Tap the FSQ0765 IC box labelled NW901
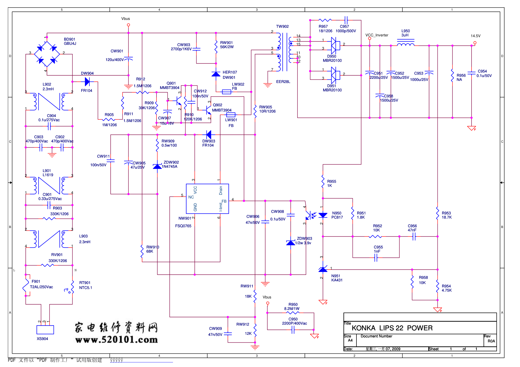pyautogui.click(x=207, y=199)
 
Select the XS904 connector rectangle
pyautogui.click(x=45, y=330)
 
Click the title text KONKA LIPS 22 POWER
pyautogui.click(x=392, y=328)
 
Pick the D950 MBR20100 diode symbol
pyautogui.click(x=334, y=46)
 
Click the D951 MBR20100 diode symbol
pyautogui.click(x=334, y=75)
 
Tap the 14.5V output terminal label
pyautogui.click(x=475, y=36)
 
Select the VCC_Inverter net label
pyautogui.click(x=377, y=35)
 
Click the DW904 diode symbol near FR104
pyautogui.click(x=87, y=82)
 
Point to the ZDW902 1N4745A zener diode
pyautogui.click(x=157, y=166)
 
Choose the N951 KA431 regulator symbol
pyautogui.click(x=323, y=269)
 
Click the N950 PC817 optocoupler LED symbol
pyautogui.click(x=323, y=215)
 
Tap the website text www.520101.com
pyautogui.click(x=116, y=340)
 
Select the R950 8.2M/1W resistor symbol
pyautogui.click(x=293, y=313)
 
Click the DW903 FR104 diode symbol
pyautogui.click(x=209, y=135)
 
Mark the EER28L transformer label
pyautogui.click(x=283, y=82)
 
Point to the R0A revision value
pyautogui.click(x=491, y=341)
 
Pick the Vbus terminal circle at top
pyautogui.click(x=128, y=25)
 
